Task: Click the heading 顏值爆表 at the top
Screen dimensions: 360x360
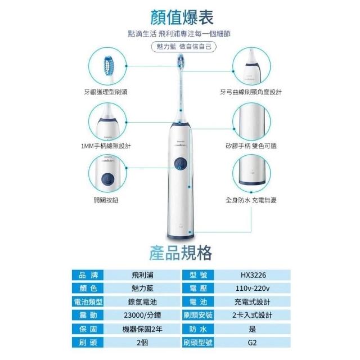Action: click(x=182, y=17)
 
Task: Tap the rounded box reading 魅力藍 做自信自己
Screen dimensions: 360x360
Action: click(x=184, y=47)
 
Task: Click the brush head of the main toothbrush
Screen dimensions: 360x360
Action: click(x=181, y=61)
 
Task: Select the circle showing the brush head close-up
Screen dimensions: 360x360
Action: click(x=107, y=66)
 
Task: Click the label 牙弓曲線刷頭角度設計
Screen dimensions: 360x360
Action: click(x=251, y=92)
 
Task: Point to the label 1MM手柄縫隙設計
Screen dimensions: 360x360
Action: click(x=106, y=146)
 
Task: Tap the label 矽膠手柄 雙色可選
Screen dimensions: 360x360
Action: click(x=251, y=146)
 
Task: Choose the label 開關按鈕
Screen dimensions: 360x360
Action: click(x=106, y=200)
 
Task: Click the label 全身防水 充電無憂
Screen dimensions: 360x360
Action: click(x=251, y=200)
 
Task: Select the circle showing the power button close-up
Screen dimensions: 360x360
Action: click(x=107, y=174)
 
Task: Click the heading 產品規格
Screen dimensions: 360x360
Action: click(x=181, y=253)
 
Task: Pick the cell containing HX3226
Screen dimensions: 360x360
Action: click(x=253, y=275)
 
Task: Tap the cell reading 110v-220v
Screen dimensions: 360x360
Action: click(x=253, y=289)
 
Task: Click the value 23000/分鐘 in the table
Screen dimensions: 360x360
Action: click(x=142, y=315)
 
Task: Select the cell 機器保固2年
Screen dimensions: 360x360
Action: click(x=142, y=329)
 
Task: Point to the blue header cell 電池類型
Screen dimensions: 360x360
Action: click(x=88, y=302)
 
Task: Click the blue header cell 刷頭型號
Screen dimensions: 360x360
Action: click(x=198, y=343)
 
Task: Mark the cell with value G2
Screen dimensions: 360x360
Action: click(x=253, y=343)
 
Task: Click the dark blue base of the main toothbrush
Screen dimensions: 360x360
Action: click(x=181, y=237)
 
